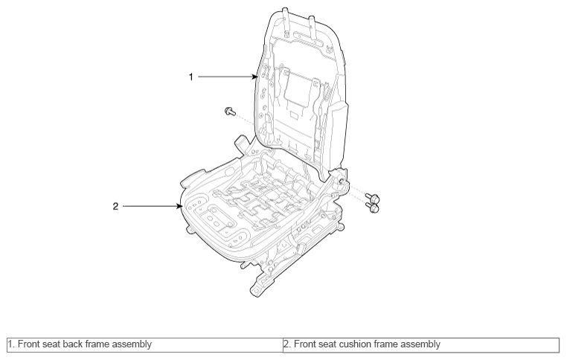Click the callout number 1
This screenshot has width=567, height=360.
(x=191, y=77)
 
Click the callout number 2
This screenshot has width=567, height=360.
(x=115, y=206)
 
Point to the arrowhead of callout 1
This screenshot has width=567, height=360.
(x=256, y=77)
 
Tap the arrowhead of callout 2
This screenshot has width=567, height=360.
(x=179, y=206)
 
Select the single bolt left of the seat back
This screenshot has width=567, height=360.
(x=230, y=111)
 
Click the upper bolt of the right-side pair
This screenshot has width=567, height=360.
(x=373, y=198)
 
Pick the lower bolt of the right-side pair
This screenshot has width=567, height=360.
(x=373, y=208)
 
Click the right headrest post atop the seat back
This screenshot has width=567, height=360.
(x=313, y=26)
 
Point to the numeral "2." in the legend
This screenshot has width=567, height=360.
(x=287, y=344)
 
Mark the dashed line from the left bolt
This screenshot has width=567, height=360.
(x=245, y=119)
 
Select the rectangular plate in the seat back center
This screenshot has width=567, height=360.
(x=297, y=89)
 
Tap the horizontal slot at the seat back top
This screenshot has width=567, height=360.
(x=309, y=39)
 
